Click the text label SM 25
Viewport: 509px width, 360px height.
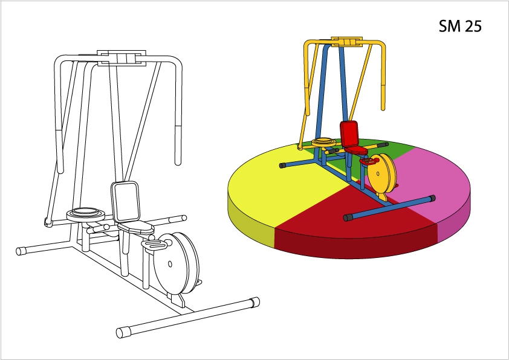coord(460,26)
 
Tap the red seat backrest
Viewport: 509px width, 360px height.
coord(349,133)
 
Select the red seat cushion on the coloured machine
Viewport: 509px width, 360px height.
coord(356,150)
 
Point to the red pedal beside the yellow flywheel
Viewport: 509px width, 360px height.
coord(368,161)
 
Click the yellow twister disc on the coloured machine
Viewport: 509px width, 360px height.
coord(323,142)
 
